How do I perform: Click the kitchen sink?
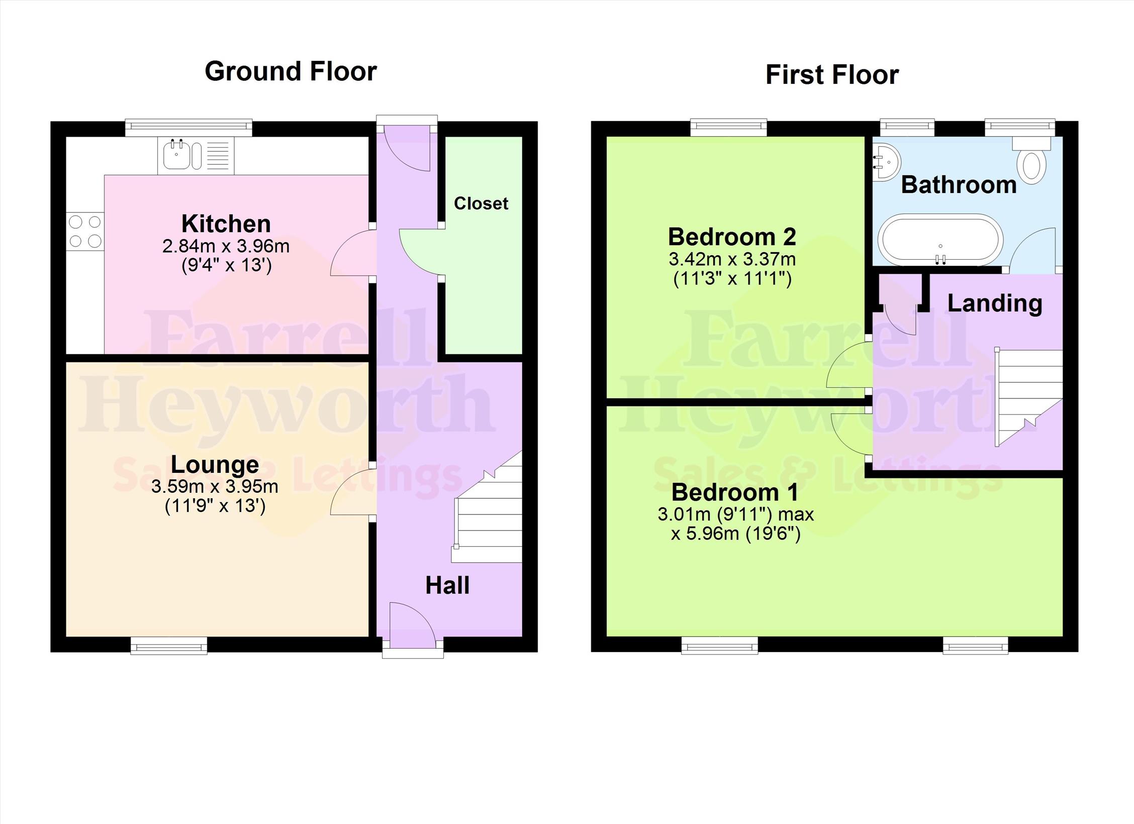pos(196,155)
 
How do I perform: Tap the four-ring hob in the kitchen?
pos(85,231)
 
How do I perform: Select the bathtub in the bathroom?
pos(940,240)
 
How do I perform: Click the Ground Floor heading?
pos(291,71)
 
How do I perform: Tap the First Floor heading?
pos(832,75)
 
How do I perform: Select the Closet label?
pos(481,203)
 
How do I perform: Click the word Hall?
pos(447,585)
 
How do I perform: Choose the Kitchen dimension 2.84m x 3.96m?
pos(226,246)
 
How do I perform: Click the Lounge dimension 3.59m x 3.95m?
pos(215,486)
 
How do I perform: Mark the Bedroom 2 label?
pos(732,237)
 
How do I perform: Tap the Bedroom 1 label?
pos(734,492)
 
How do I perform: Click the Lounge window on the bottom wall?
pos(169,646)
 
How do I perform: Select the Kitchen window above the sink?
pos(188,128)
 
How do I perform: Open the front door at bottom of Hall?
pos(413,626)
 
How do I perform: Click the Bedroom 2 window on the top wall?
pos(729,128)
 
